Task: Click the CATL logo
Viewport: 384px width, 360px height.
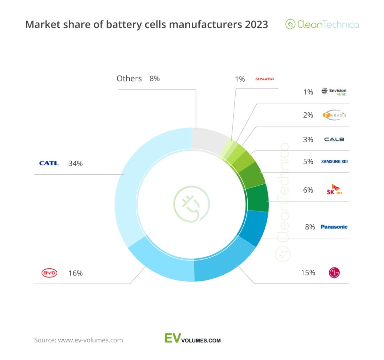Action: pyautogui.click(x=49, y=163)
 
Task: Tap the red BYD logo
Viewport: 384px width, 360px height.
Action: pyautogui.click(x=49, y=273)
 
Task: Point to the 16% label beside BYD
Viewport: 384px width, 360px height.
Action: pyautogui.click(x=76, y=273)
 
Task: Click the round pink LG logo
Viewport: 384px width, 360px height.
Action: pyautogui.click(x=334, y=273)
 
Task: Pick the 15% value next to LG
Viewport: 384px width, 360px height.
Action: pyautogui.click(x=308, y=273)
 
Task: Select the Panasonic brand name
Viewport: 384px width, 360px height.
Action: pyautogui.click(x=334, y=227)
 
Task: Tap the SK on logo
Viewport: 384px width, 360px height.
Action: pyautogui.click(x=334, y=190)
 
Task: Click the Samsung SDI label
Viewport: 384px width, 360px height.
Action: pyautogui.click(x=334, y=162)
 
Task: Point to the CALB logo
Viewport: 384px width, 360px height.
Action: pyautogui.click(x=334, y=140)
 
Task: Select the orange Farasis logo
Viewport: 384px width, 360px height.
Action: pyautogui.click(x=334, y=115)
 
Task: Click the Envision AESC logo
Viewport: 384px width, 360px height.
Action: pyautogui.click(x=334, y=92)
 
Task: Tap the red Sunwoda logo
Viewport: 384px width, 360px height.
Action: pyautogui.click(x=265, y=79)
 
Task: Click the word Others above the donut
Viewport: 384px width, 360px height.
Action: pyautogui.click(x=129, y=79)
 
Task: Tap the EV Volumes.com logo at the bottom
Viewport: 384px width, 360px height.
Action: pyautogui.click(x=193, y=339)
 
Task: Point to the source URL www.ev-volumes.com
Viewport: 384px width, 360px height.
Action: pyautogui.click(x=90, y=340)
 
